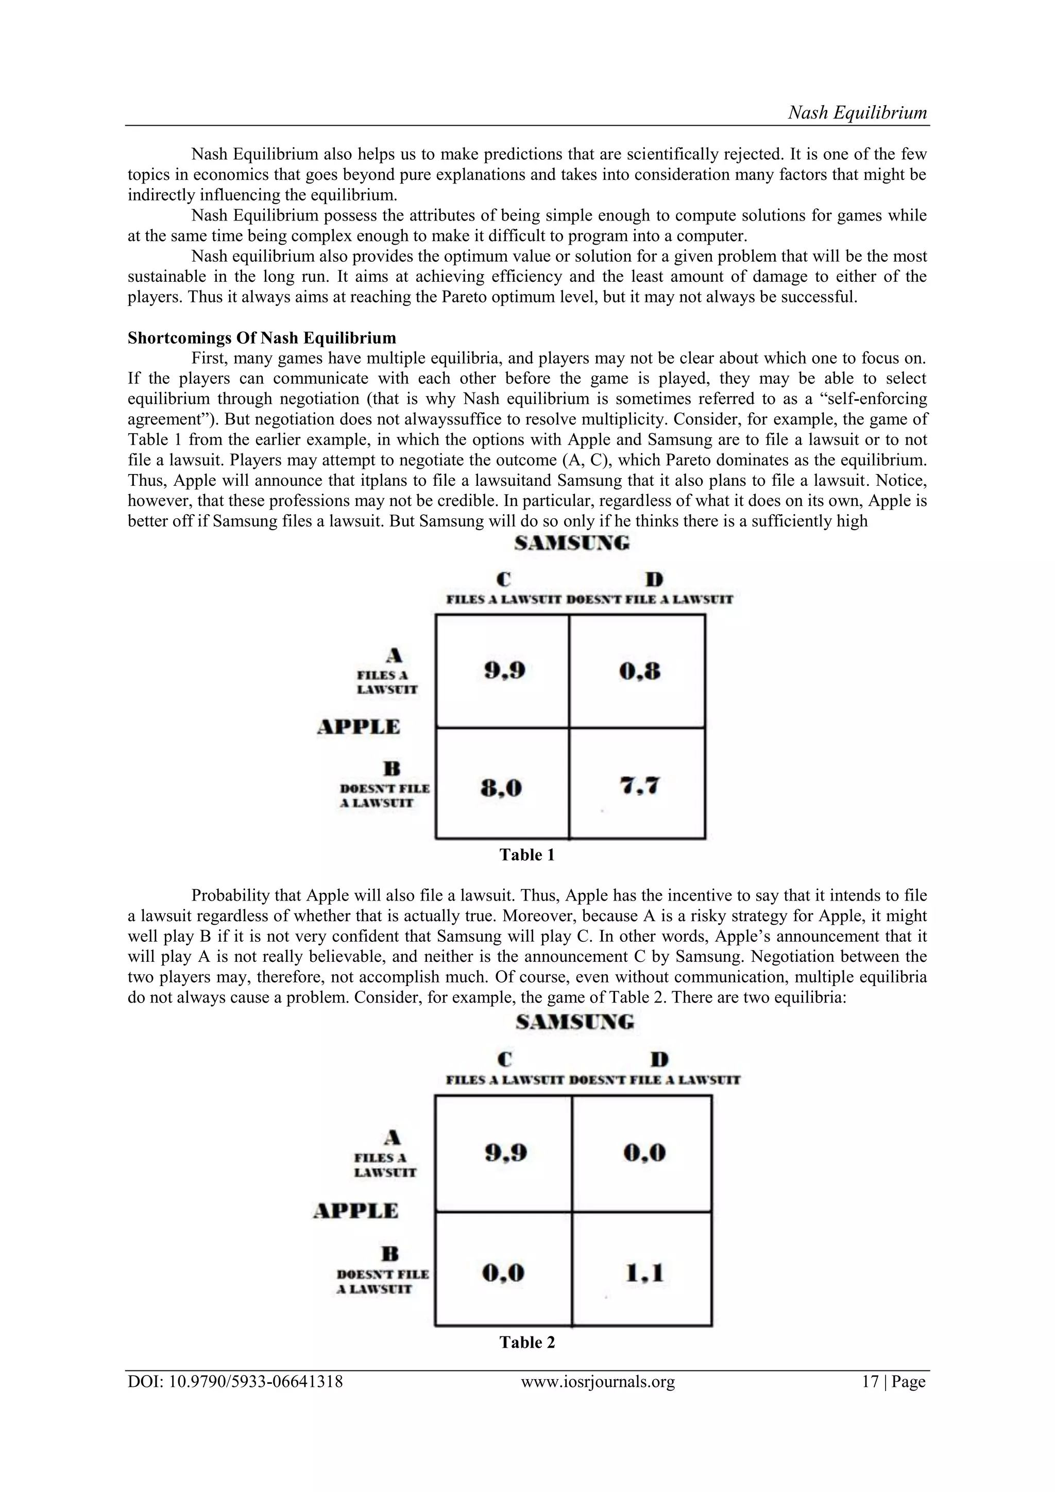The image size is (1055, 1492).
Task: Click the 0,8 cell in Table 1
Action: click(639, 671)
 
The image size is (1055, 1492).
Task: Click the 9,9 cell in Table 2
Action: click(505, 1153)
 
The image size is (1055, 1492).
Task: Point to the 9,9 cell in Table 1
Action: click(504, 671)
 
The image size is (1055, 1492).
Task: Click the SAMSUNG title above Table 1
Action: click(572, 543)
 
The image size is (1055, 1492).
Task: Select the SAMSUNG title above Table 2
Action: click(574, 1022)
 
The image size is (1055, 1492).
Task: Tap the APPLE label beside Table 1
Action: click(358, 726)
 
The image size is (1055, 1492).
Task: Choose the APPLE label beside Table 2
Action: click(355, 1211)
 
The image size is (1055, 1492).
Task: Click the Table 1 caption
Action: click(527, 855)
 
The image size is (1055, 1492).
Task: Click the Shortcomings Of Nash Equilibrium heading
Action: click(261, 338)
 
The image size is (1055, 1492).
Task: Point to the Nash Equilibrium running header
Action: click(857, 112)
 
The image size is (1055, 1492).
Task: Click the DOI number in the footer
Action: click(235, 1382)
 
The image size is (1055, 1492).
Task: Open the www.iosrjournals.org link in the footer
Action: click(598, 1382)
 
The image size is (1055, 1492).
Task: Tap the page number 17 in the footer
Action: click(870, 1382)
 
